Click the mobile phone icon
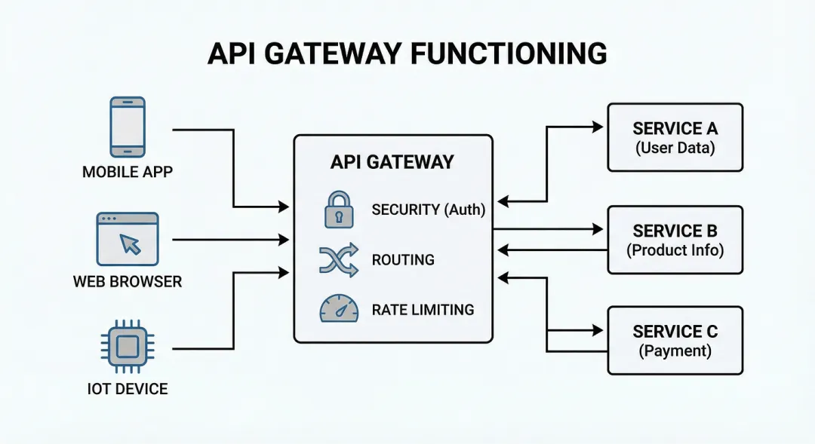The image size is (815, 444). [127, 127]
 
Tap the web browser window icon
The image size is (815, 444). [127, 238]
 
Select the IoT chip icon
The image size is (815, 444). [127, 347]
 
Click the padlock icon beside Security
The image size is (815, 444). [339, 209]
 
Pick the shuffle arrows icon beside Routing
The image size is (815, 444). [339, 259]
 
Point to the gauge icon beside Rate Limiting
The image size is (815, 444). [339, 309]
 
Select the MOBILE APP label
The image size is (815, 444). [127, 172]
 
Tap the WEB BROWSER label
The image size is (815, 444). [127, 282]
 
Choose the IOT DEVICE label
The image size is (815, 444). [127, 389]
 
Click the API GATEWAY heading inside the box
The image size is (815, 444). [392, 161]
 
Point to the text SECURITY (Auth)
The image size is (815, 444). [428, 210]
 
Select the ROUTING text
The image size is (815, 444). [403, 260]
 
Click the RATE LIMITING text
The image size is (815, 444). [423, 310]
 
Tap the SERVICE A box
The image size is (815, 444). [675, 137]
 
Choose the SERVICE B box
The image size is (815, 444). [675, 239]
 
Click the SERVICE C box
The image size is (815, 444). [675, 340]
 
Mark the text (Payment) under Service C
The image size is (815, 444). [675, 351]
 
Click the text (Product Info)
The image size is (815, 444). [675, 250]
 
